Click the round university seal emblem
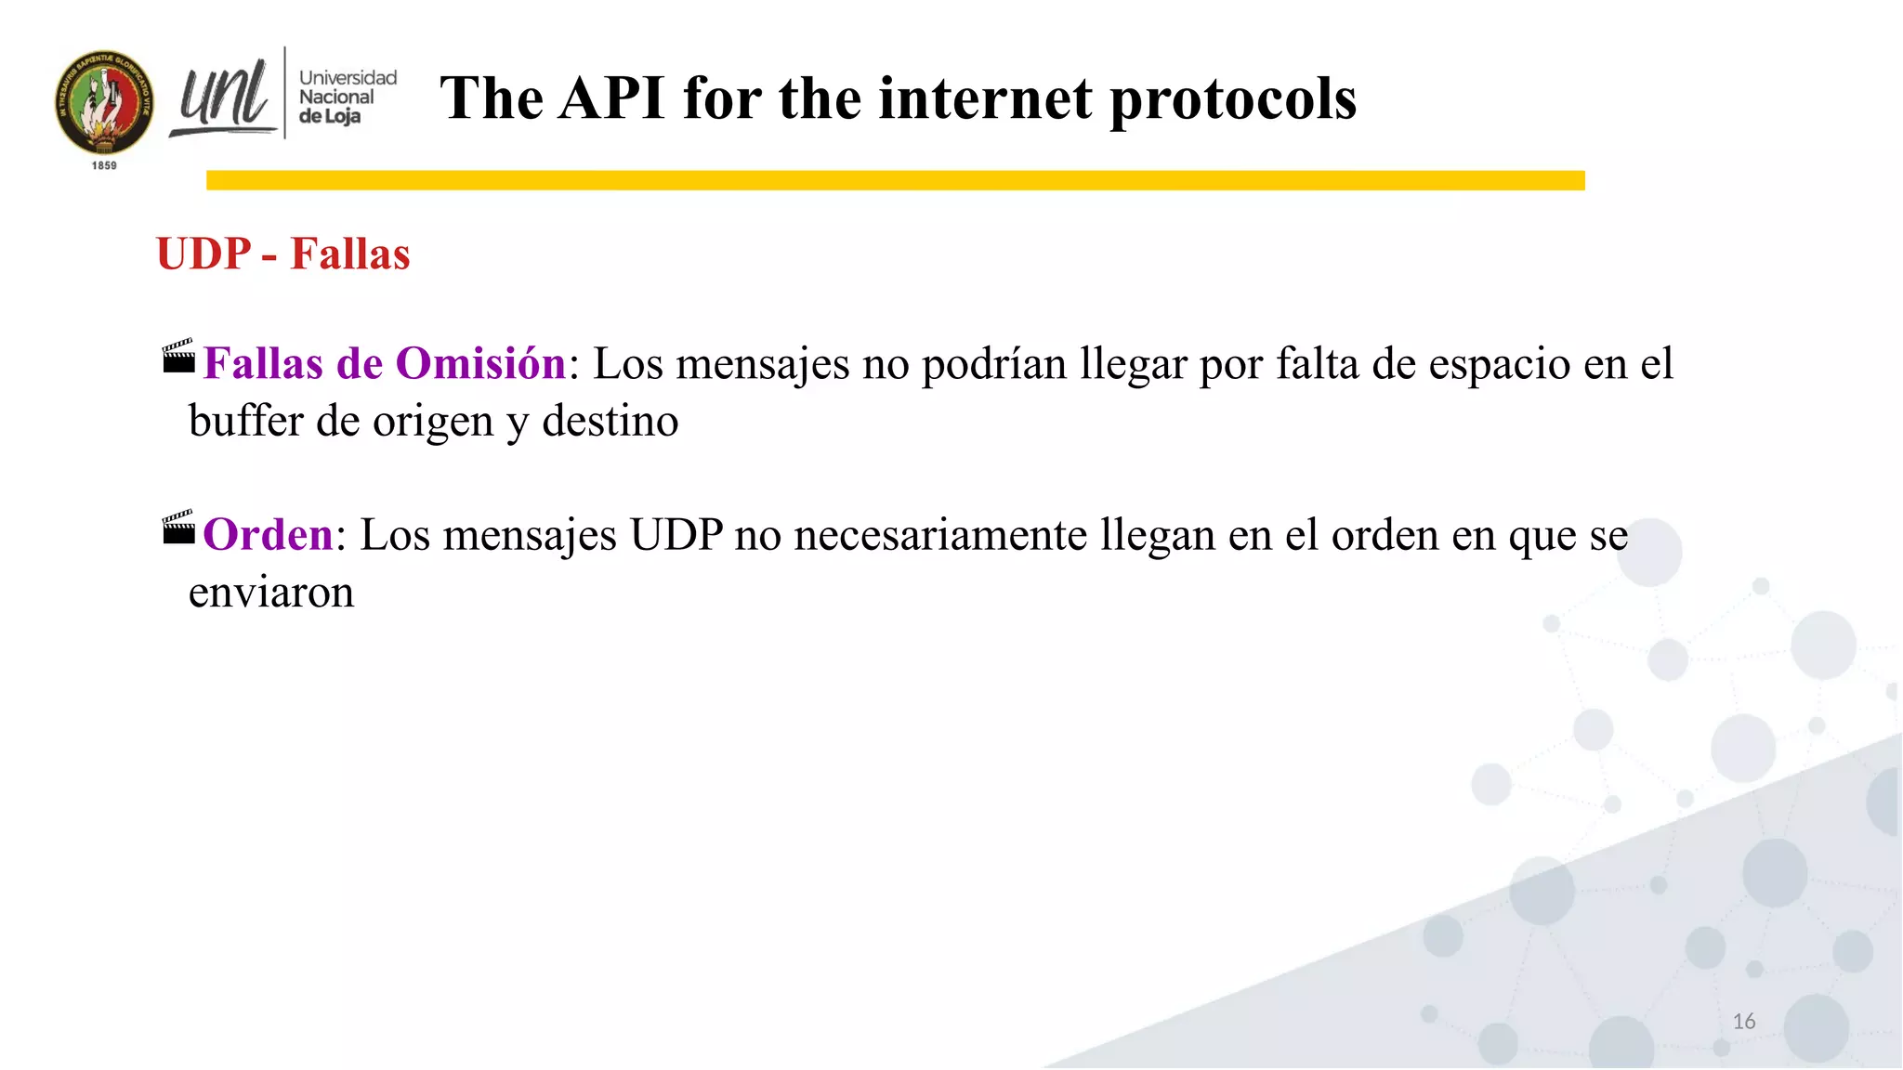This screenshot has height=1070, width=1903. point(104,103)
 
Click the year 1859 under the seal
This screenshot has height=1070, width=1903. point(104,165)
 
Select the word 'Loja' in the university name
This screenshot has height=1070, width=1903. point(342,117)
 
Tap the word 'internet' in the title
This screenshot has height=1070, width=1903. point(985,98)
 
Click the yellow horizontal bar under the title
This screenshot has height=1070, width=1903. point(895,180)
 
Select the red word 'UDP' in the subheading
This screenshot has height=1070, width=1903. point(204,254)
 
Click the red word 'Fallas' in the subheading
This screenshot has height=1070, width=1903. point(350,254)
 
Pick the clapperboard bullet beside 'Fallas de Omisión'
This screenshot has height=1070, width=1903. point(178,357)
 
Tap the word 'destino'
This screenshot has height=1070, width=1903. point(610,421)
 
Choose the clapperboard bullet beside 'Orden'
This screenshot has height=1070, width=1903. point(178,528)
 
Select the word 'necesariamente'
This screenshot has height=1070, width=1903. point(940,535)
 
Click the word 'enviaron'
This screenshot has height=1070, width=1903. point(271,593)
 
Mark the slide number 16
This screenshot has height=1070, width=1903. point(1744,1022)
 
